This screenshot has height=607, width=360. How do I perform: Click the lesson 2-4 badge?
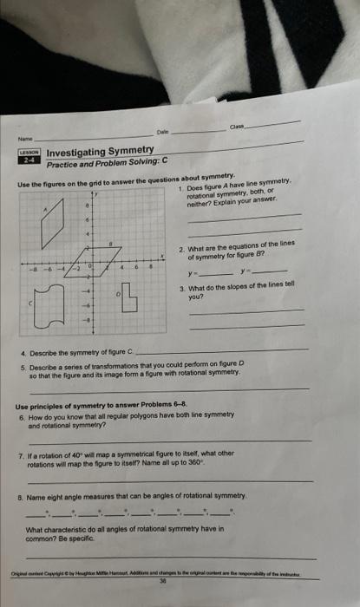tap(29, 156)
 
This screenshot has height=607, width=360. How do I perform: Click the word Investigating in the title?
tap(75, 153)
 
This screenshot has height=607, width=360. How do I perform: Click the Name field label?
tap(23, 138)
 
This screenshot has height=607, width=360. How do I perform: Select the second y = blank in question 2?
tap(260, 270)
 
